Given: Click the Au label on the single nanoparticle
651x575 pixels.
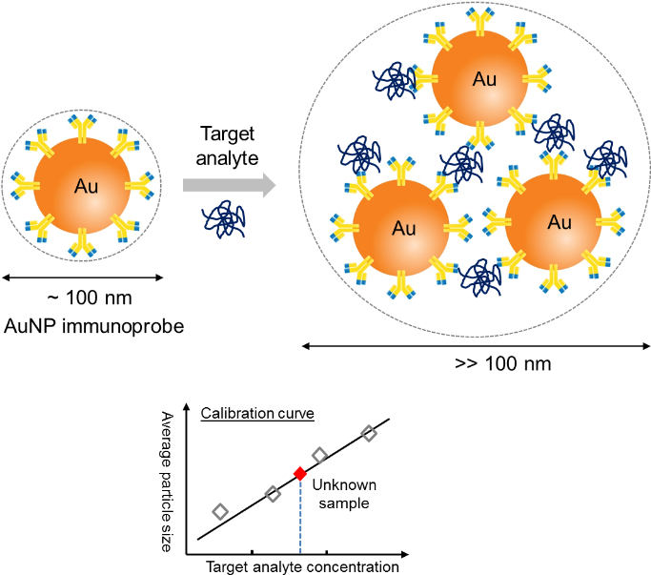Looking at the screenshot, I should pos(86,186).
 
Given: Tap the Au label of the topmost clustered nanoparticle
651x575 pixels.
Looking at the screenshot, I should pos(484,79).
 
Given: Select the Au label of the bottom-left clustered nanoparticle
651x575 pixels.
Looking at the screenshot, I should pos(403,229).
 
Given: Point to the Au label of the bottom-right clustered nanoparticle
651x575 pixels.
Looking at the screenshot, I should pos(559,222).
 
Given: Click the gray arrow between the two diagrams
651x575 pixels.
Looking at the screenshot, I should pos(229,186).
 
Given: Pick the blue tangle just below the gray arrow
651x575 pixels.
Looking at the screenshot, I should pos(225,220).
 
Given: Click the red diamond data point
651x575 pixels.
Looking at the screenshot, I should pos(300,474).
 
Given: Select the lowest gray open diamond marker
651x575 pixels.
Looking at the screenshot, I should pos(220,512).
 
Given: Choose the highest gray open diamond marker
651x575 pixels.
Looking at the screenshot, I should pos(369,433).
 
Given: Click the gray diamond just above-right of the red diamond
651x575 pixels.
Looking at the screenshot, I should pos(319,456).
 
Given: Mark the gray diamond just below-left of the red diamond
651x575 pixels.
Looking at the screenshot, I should pos(274,494).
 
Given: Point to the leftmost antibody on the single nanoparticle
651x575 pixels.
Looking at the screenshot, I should pos(25,185).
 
